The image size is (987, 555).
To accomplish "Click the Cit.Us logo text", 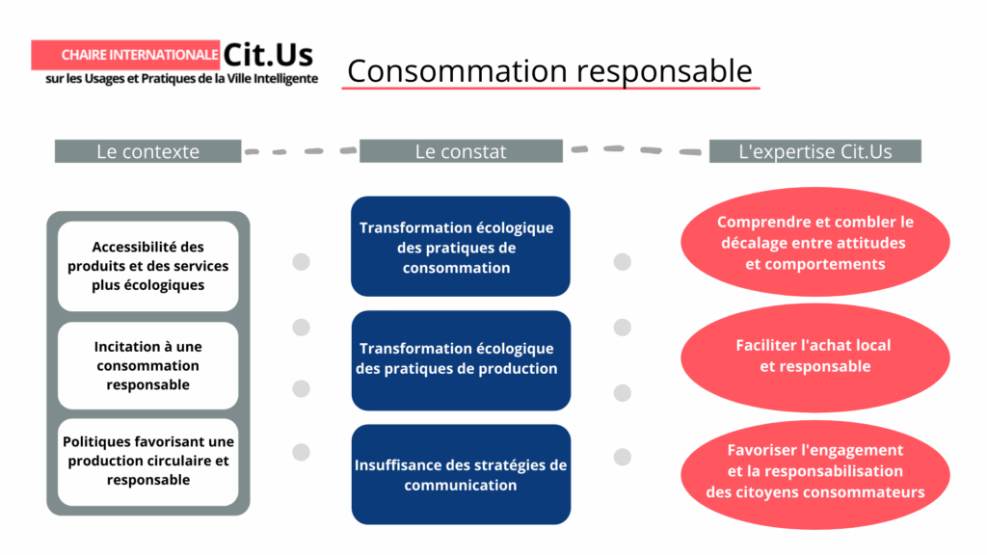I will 268,54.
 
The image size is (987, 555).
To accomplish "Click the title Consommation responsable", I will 549,70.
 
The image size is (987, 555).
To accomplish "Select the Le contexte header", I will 147,151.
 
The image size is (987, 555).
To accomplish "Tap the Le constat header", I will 461,151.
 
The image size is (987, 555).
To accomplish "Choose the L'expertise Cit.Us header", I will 814,151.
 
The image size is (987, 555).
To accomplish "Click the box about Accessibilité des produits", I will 147,266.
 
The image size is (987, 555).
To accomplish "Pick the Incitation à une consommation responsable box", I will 147,365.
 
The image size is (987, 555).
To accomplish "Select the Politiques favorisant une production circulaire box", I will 147,461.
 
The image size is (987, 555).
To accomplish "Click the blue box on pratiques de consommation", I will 460,247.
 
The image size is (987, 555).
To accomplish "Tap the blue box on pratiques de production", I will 460,358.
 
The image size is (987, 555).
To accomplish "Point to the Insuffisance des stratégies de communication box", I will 460,474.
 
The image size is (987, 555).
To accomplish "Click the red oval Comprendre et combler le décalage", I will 814,243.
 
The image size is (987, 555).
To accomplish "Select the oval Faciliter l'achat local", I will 814,356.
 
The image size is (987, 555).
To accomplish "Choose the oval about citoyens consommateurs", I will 814,471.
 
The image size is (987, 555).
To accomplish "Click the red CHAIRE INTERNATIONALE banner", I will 125,55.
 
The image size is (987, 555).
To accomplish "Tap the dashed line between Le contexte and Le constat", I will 300,151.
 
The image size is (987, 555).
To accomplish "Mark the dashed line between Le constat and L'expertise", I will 635,150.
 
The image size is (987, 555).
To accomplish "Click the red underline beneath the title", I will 550,89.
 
